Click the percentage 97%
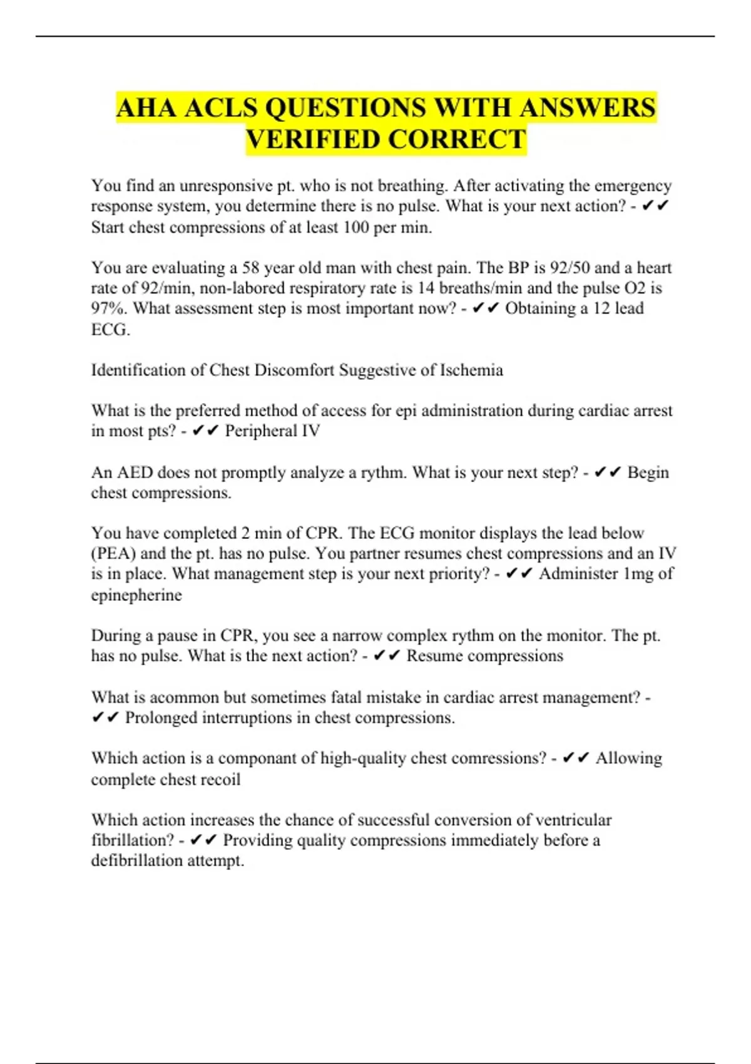pos(110,309)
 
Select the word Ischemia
pos(471,371)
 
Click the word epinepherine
pos(136,595)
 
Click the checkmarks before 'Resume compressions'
pos(386,656)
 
